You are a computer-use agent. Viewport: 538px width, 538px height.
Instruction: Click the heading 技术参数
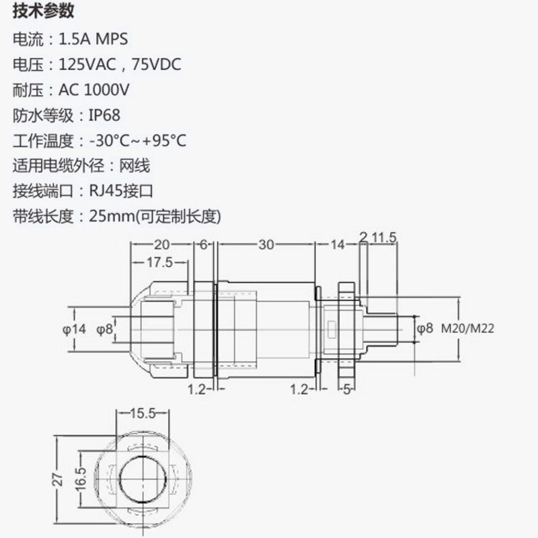click(x=43, y=11)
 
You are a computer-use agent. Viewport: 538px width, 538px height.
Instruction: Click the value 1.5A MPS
click(x=93, y=39)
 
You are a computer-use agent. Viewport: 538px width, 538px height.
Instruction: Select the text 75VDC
click(x=157, y=64)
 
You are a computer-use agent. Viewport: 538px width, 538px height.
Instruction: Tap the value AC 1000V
click(x=93, y=90)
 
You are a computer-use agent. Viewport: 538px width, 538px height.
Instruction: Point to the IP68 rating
click(x=105, y=115)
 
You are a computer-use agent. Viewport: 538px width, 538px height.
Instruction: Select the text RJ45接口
click(x=121, y=191)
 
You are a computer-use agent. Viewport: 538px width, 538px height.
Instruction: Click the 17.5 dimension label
click(x=160, y=262)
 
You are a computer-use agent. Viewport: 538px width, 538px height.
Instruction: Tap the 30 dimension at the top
click(x=266, y=245)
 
